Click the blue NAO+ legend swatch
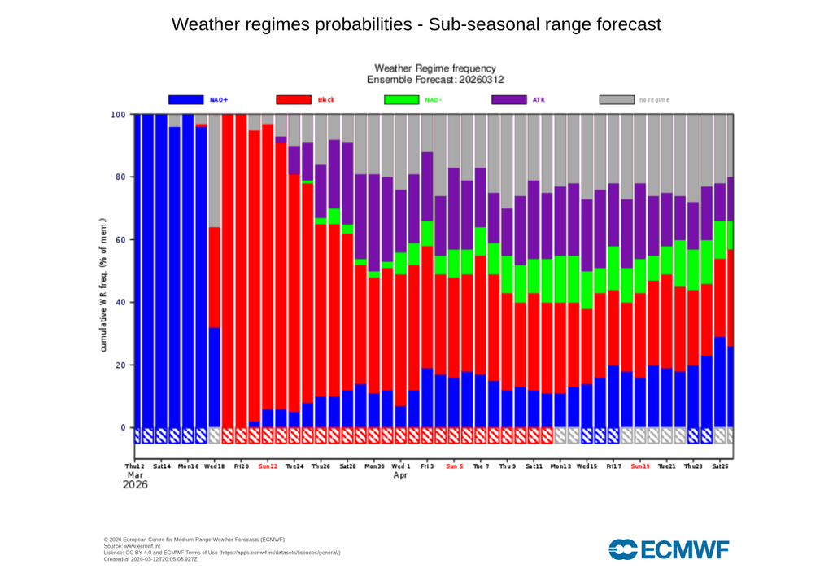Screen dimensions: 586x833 [x=185, y=99]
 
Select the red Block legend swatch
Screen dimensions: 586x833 [x=294, y=99]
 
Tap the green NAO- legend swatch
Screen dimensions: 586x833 [x=401, y=99]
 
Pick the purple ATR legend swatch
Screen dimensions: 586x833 [x=509, y=99]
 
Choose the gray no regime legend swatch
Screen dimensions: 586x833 [x=617, y=99]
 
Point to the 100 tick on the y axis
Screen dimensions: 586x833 [x=119, y=115]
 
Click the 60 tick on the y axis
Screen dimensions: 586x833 [x=121, y=240]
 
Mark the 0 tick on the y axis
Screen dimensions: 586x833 [x=124, y=427]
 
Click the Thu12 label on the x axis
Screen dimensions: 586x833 [x=135, y=466]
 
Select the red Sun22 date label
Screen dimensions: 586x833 [x=268, y=466]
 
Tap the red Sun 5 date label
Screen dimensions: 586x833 [x=454, y=466]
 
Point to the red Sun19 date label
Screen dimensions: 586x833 [x=640, y=466]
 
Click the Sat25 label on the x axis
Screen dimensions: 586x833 [x=720, y=466]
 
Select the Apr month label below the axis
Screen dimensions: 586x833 [x=400, y=475]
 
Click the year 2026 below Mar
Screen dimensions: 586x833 [x=135, y=486]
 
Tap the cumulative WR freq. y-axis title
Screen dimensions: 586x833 [x=104, y=285]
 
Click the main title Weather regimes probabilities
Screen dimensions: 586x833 [x=416, y=24]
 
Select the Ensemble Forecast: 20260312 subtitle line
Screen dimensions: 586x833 [x=435, y=80]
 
